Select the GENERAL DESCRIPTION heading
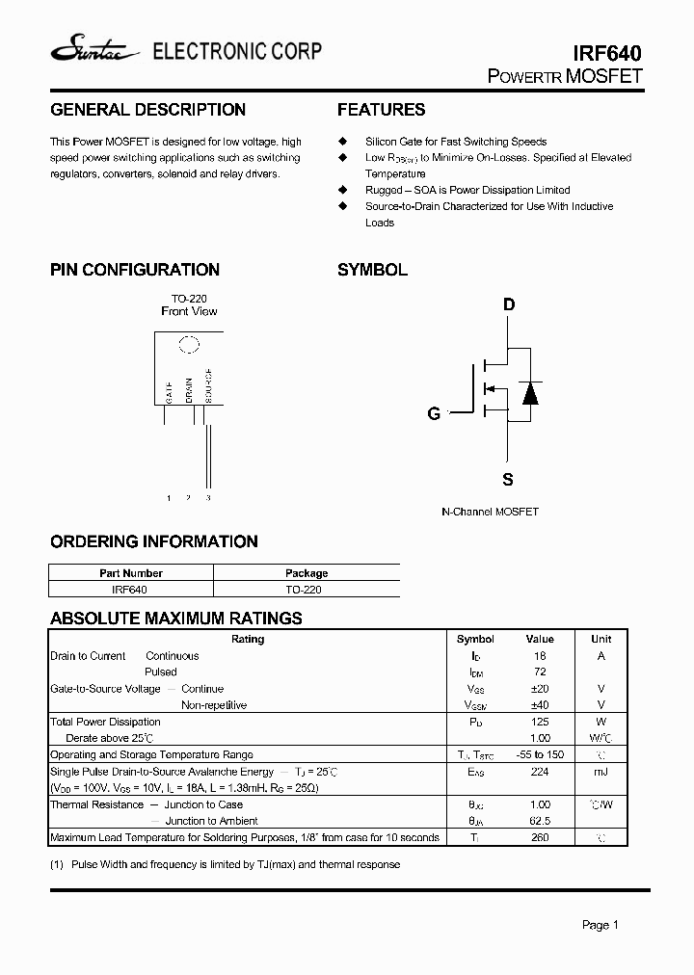(147, 110)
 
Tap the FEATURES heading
(381, 110)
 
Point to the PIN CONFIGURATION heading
(135, 270)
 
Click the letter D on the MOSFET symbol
(509, 305)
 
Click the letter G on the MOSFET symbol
(434, 413)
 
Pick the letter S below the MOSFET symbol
(508, 479)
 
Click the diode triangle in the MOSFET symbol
(529, 392)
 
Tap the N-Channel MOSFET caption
(490, 512)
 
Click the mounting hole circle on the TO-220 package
(189, 344)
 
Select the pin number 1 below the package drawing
(169, 498)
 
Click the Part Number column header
(131, 573)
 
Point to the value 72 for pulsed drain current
(540, 672)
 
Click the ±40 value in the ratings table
(540, 705)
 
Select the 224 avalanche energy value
(540, 772)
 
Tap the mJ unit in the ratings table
(601, 772)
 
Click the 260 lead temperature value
(540, 837)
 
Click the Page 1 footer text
(600, 925)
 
